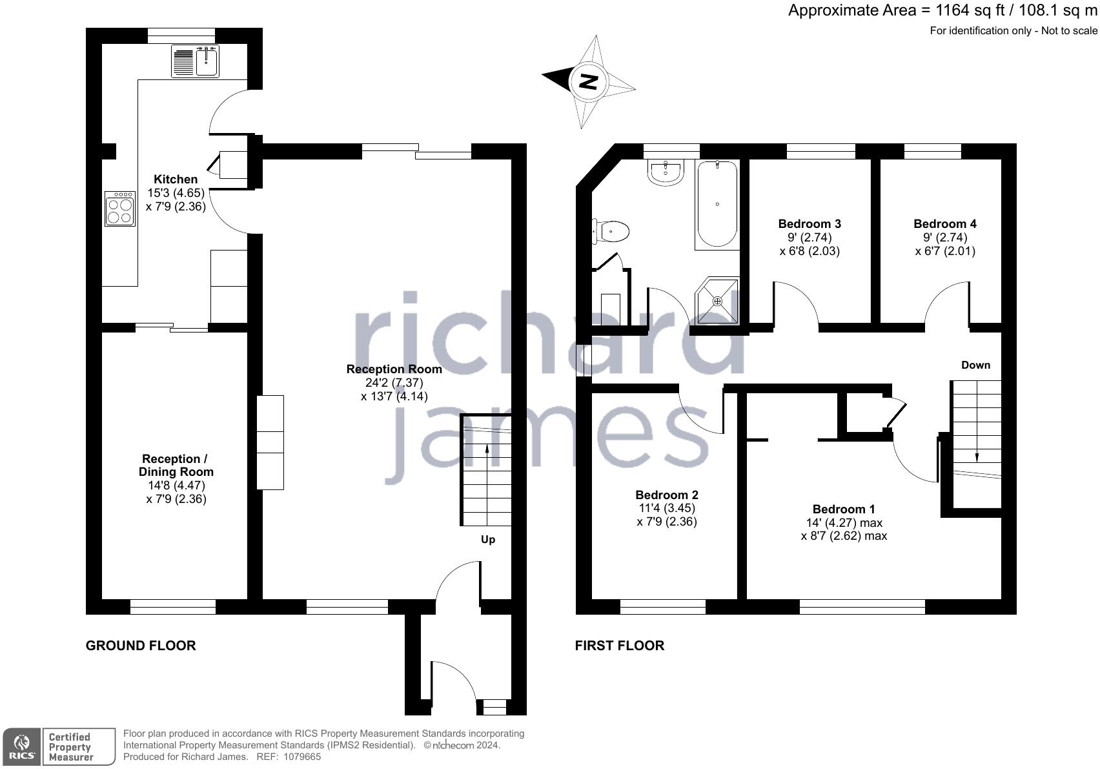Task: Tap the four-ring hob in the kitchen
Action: pos(120,209)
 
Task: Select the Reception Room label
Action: pos(394,369)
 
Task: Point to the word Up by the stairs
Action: pos(488,539)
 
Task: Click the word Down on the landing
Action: pos(975,365)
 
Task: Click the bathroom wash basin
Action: pos(666,172)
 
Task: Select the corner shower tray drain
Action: pos(717,301)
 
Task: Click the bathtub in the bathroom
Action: pos(717,205)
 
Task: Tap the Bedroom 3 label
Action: pos(810,224)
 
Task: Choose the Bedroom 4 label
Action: pos(944,224)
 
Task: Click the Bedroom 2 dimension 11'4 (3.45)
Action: pos(667,508)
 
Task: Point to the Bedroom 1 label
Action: pos(844,509)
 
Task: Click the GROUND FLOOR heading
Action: pos(141,646)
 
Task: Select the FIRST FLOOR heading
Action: pos(619,646)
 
